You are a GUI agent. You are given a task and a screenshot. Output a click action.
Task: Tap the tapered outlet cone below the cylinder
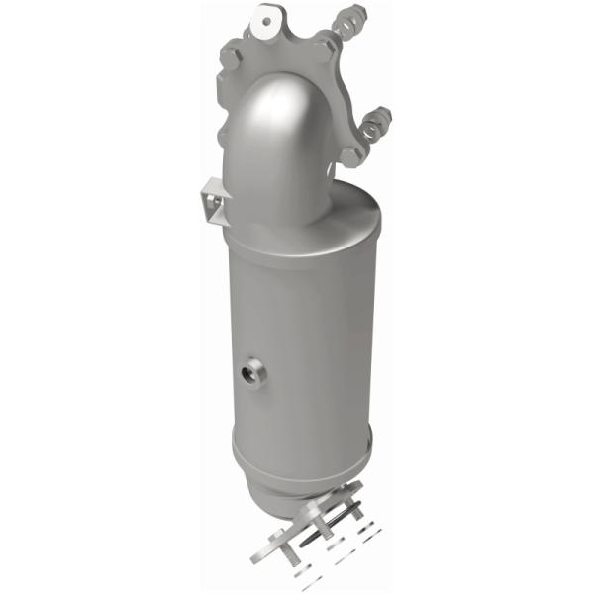point(297,485)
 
